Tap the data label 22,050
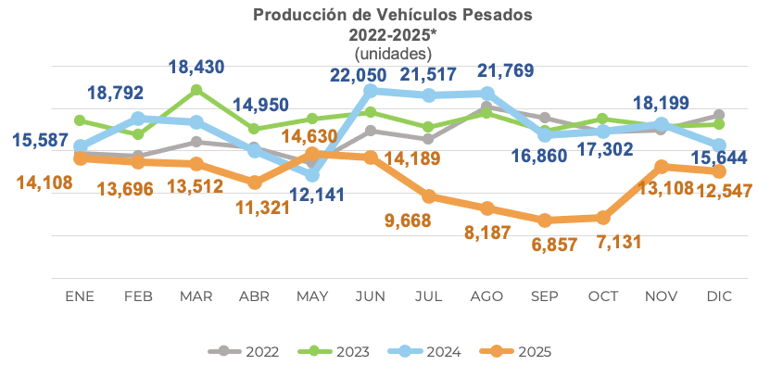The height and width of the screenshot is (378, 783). coord(369,71)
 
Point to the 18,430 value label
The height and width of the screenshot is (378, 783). coord(196,68)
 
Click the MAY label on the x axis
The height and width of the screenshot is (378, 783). coord(311,296)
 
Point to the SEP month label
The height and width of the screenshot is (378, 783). coord(544,296)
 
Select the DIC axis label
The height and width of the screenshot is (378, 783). coord(719,296)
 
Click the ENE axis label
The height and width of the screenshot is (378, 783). coord(80,296)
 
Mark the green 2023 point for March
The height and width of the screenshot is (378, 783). coord(196,90)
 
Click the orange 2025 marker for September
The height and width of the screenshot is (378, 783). coord(545,220)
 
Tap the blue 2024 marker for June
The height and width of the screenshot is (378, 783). coord(370,91)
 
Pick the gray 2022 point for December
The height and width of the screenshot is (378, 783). coord(719,116)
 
